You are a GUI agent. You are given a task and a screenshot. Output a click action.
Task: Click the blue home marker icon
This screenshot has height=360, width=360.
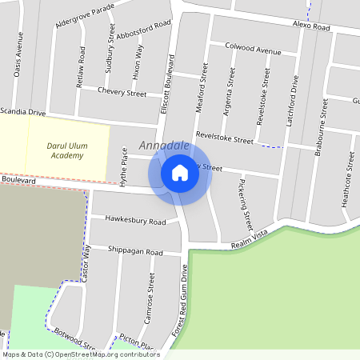pos(180,172)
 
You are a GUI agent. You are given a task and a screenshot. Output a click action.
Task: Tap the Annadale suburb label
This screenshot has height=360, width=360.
pos(164,146)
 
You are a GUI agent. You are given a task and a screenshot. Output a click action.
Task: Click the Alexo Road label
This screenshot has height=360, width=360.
pos(311,26)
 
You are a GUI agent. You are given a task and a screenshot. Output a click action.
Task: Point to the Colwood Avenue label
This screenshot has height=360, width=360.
pos(254,50)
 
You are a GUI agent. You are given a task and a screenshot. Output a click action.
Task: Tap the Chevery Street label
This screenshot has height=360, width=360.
pos(122,93)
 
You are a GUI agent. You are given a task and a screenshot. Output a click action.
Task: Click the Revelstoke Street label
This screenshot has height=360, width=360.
pos(224,138)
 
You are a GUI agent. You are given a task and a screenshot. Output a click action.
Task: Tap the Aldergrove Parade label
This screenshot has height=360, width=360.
pos(85,17)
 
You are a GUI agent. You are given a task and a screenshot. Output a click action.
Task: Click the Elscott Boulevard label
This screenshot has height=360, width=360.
pos(167,86)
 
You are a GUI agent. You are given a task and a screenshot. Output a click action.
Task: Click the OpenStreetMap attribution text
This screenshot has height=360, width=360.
pos(81,354)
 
